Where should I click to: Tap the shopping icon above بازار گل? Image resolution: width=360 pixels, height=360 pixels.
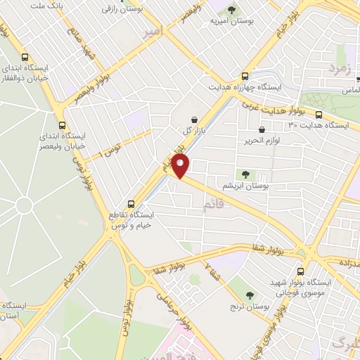(x=194, y=119)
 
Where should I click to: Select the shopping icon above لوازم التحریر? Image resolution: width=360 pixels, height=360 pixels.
(x=262, y=129)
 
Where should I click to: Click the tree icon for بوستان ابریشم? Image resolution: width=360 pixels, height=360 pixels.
(x=244, y=174)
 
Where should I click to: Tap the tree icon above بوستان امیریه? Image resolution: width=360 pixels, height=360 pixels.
(x=231, y=9)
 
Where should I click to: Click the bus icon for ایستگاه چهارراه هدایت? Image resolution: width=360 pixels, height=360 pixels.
(x=245, y=76)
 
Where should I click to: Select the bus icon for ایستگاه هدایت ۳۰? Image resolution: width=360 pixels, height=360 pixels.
(x=319, y=114)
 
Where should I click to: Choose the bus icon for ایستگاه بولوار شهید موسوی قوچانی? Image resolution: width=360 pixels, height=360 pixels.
(x=301, y=271)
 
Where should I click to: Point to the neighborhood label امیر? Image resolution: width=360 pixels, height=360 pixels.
(x=153, y=32)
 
